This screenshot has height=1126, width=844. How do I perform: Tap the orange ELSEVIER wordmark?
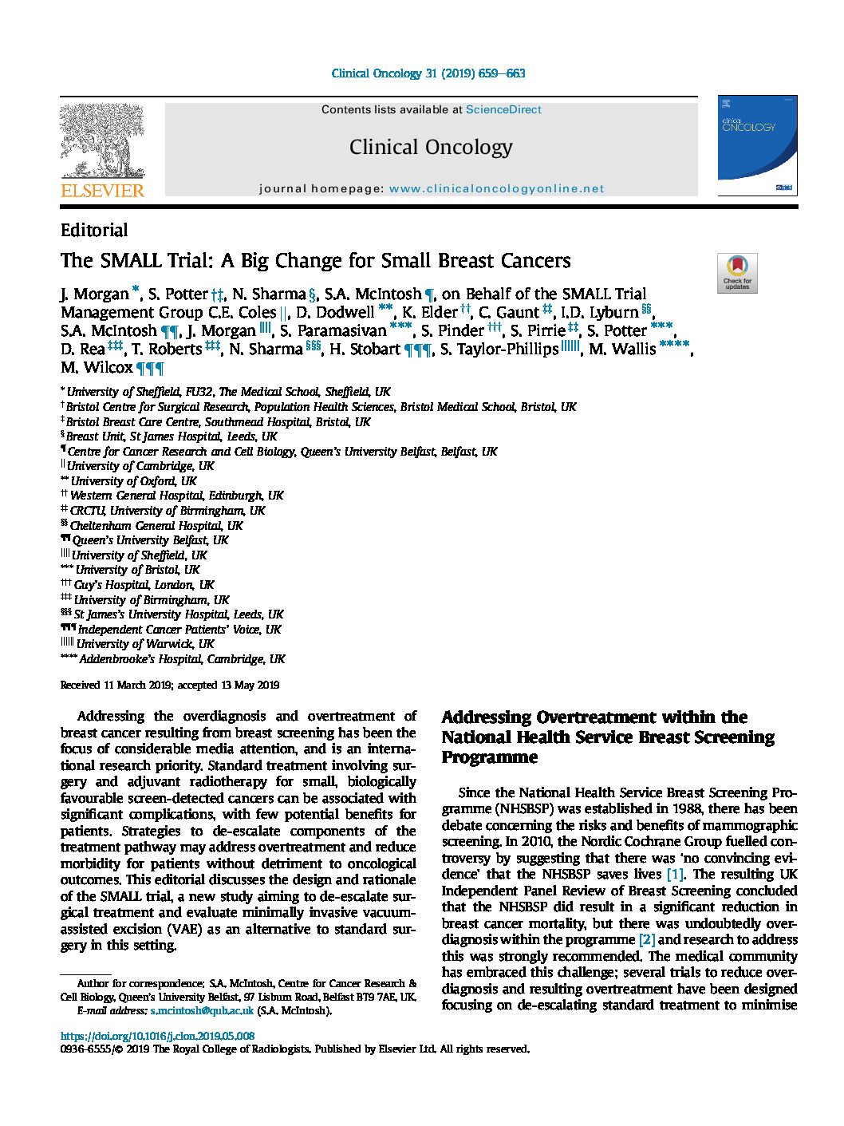coord(103,191)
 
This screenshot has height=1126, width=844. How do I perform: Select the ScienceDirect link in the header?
coord(503,110)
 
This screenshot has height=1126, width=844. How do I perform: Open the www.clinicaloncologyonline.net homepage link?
coord(496,189)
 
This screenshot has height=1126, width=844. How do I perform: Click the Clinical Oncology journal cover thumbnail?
coord(757,146)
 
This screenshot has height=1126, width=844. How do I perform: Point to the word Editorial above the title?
coord(94,231)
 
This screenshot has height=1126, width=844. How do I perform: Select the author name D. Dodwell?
coord(335,313)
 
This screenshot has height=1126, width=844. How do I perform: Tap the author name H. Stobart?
coord(365,350)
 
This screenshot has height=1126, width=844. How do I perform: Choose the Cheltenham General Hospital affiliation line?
coord(156,526)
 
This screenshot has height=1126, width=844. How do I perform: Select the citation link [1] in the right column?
coord(675,874)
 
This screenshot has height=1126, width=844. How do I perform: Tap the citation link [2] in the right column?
coord(647,939)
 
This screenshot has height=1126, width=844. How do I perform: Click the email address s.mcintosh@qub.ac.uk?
coord(202,1011)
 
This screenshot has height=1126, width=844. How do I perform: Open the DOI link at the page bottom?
coord(158,1036)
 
